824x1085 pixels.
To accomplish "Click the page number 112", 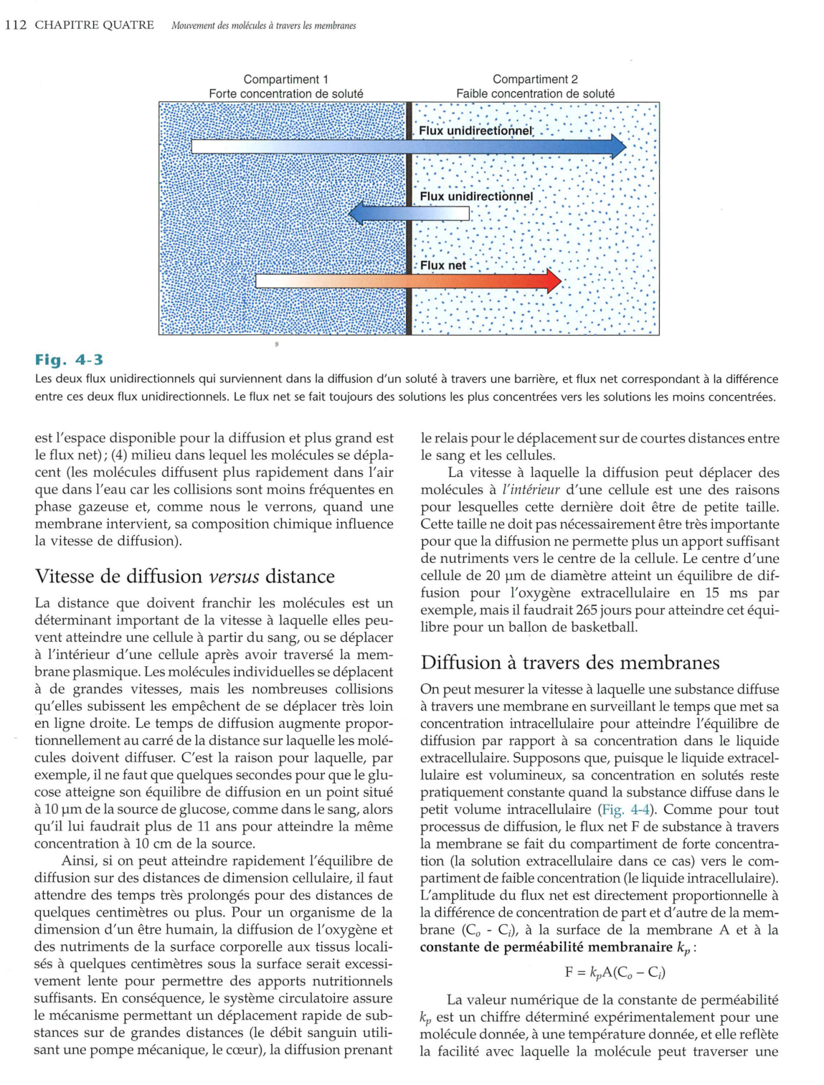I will click(16, 25).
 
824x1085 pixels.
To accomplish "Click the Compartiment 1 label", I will click(285, 80).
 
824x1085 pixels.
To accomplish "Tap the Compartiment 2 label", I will click(535, 80).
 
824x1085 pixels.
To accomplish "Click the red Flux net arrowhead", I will click(553, 281).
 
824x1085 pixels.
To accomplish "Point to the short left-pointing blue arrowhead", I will click(357, 214).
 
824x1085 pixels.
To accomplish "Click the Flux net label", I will click(442, 265).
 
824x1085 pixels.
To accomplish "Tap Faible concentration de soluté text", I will click(535, 94).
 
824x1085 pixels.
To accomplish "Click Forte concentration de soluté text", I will click(285, 94).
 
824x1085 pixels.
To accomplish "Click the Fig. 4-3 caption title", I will click(69, 359).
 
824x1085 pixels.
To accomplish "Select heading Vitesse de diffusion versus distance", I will click(184, 577).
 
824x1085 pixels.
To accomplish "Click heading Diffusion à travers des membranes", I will click(569, 663).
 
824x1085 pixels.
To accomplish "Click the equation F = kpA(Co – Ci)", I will click(615, 972).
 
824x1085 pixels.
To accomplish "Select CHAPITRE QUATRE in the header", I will click(94, 25).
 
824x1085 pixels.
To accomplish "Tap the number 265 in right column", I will click(587, 610).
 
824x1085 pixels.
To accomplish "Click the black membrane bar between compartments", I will click(409, 219).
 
